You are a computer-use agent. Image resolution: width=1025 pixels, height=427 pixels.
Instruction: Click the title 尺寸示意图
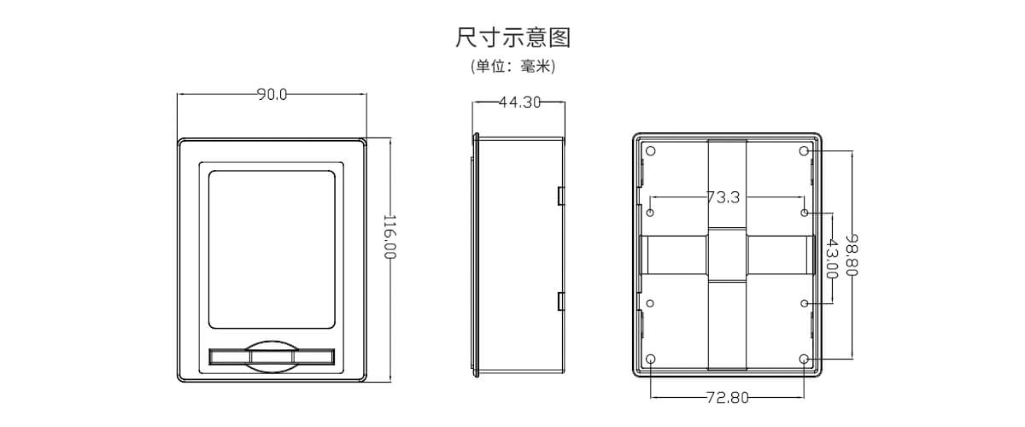pyautogui.click(x=512, y=38)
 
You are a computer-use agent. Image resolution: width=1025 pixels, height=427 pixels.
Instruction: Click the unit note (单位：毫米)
pyautogui.click(x=512, y=67)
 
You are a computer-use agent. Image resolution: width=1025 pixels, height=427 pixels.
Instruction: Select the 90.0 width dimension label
pyautogui.click(x=272, y=95)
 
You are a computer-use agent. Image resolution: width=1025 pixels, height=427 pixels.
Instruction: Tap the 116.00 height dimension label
pyautogui.click(x=389, y=237)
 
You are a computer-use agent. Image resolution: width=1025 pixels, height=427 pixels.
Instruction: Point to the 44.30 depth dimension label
pyautogui.click(x=519, y=102)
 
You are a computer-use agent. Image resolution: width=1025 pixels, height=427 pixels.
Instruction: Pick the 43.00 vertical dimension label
pyautogui.click(x=831, y=259)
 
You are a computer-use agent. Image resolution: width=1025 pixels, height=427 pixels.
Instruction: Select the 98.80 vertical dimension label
pyautogui.click(x=851, y=254)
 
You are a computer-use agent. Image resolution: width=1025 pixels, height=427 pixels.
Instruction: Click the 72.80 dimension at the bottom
pyautogui.click(x=727, y=397)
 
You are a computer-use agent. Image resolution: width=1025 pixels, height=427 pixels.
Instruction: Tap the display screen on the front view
pyautogui.click(x=272, y=248)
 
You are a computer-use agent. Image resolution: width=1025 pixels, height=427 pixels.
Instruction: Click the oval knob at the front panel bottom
pyautogui.click(x=272, y=356)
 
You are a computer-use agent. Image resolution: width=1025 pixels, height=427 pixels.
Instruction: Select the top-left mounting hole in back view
pyautogui.click(x=651, y=151)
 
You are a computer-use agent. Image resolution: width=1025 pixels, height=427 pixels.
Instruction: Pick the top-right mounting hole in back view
pyautogui.click(x=804, y=151)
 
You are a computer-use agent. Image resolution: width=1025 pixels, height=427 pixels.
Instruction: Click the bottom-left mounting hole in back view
pyautogui.click(x=651, y=359)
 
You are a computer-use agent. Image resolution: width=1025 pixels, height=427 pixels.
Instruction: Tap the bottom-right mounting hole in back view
pyautogui.click(x=804, y=359)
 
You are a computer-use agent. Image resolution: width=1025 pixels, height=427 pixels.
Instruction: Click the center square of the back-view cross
pyautogui.click(x=727, y=254)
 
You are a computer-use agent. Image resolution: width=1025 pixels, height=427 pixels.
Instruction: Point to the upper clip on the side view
pyautogui.click(x=561, y=196)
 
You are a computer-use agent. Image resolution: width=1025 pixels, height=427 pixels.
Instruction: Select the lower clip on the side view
pyautogui.click(x=561, y=301)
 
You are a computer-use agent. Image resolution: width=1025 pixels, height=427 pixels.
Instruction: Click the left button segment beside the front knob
pyautogui.click(x=228, y=356)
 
